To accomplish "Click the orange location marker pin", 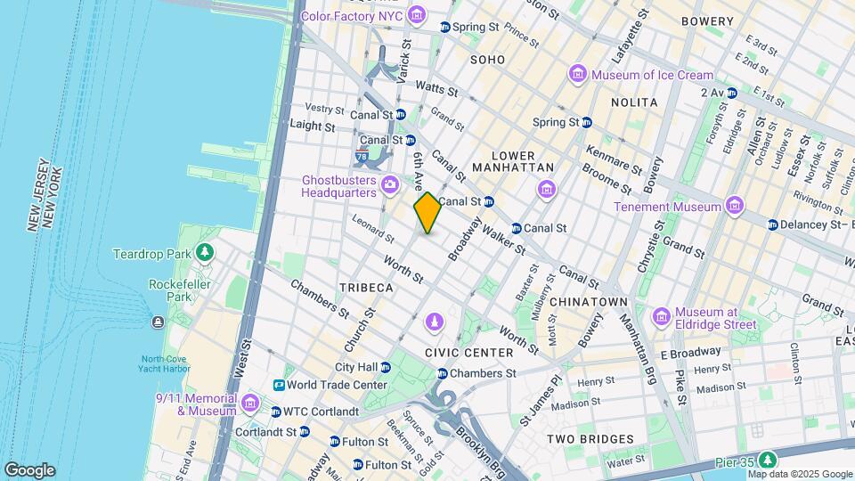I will click(427, 213).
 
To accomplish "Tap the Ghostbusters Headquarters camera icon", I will click(389, 185).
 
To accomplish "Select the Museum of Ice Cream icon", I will click(578, 74).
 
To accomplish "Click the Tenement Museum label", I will click(667, 207).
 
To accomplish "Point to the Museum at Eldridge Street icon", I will click(661, 317).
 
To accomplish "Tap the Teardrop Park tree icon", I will click(206, 254).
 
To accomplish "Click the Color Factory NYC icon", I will click(416, 16).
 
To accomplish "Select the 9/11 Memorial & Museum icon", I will click(250, 404).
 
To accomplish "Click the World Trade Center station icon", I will click(279, 385).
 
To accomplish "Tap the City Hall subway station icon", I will click(386, 367).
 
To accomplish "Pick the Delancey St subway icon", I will click(772, 224).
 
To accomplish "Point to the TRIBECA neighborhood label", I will click(365, 288).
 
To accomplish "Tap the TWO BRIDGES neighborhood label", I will click(590, 439).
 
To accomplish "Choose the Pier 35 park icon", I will click(767, 459).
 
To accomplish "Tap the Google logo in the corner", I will click(29, 470).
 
